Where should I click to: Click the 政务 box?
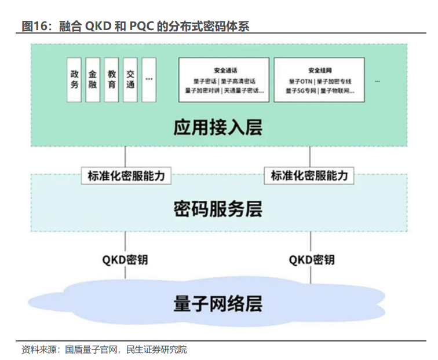tap(74, 80)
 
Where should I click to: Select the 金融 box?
tap(93, 80)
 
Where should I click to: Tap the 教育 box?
tap(111, 80)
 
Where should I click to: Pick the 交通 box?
tap(130, 80)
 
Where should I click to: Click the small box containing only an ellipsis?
tap(149, 80)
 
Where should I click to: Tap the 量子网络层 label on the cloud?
tap(218, 303)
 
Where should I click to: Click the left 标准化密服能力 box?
tap(126, 175)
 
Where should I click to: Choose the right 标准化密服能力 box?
tap(309, 175)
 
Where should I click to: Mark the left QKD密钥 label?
tap(126, 259)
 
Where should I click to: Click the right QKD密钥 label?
tap(311, 259)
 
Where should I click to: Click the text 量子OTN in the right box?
tap(299, 82)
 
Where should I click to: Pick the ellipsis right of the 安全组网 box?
tap(378, 80)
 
